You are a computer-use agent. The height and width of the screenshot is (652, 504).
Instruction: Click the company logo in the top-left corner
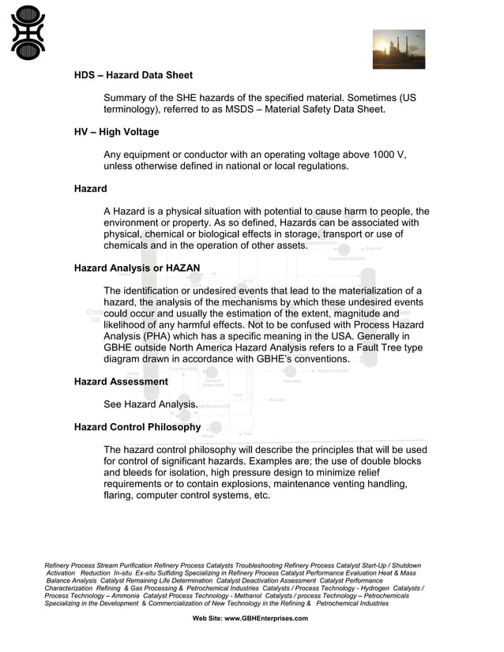coord(28,32)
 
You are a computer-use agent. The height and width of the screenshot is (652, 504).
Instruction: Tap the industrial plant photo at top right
coord(398,49)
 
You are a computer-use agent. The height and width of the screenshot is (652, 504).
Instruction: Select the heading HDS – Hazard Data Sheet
coord(133,75)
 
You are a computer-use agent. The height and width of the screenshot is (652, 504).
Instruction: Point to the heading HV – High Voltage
coord(116,132)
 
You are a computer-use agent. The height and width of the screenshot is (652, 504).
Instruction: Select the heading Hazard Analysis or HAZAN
coord(137,268)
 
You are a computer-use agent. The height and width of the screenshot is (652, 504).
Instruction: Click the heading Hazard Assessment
coord(121,381)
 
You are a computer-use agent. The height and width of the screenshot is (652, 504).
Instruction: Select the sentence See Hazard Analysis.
coord(150,404)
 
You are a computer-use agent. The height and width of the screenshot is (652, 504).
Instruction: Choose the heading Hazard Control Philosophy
coord(137,427)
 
